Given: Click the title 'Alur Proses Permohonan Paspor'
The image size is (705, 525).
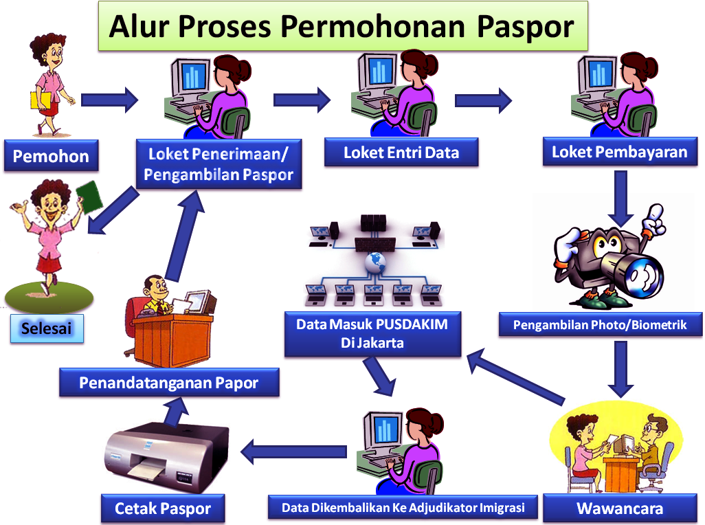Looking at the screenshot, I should (342, 27).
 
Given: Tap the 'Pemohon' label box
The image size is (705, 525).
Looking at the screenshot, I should (51, 156).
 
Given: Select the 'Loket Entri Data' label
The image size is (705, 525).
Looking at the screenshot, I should (401, 153).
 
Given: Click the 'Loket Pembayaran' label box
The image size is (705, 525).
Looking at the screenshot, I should (619, 152).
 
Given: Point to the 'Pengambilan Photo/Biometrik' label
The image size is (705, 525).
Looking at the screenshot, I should (600, 324).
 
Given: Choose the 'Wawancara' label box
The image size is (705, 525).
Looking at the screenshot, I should (619, 509).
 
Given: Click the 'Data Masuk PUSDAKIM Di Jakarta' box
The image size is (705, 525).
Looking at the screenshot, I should (372, 333).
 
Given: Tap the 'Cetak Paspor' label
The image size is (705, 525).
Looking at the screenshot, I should (162, 509).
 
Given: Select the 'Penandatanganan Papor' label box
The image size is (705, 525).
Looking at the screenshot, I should (168, 382).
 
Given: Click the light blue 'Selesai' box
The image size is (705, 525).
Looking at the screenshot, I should (47, 328).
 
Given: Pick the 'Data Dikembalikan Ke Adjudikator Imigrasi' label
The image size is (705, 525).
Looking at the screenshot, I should (403, 508).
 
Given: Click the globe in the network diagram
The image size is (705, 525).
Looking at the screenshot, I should (374, 260).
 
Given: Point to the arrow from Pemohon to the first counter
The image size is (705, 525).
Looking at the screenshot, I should (109, 100).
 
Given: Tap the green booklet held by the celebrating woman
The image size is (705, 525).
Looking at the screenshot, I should (89, 196).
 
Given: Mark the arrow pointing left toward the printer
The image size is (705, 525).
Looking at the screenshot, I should (293, 451).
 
